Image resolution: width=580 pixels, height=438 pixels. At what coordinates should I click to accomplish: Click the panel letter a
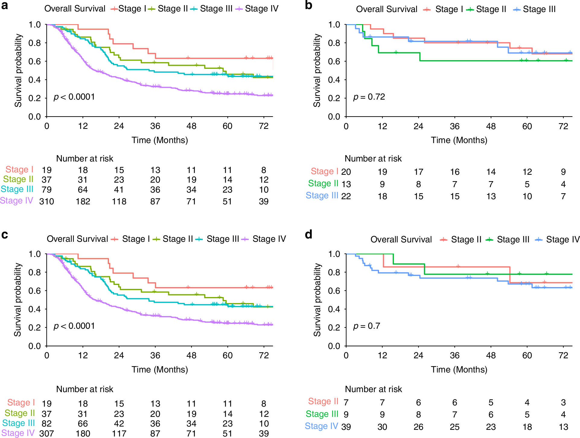5,5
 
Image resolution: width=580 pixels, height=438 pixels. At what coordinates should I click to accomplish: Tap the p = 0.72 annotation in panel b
369,97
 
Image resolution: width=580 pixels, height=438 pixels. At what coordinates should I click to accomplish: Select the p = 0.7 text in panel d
366,326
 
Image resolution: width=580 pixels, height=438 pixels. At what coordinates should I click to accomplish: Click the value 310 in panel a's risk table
46,201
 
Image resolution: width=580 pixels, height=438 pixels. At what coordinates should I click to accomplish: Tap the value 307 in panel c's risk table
46,433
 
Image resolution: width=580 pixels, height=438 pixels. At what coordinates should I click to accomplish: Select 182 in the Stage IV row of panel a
83,201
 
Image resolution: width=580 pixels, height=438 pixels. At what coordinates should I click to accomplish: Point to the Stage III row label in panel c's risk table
18,423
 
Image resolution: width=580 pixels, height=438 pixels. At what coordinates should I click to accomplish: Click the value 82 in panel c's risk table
46,424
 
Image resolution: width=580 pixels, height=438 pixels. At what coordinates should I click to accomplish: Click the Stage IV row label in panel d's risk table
321,426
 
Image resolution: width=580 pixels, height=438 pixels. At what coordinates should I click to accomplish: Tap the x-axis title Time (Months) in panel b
459,140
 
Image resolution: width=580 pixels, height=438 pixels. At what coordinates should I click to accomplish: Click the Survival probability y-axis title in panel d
317,299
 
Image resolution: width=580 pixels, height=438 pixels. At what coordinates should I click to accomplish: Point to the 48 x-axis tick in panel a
191,126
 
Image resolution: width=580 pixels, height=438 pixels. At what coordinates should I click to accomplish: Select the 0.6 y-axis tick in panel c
34,291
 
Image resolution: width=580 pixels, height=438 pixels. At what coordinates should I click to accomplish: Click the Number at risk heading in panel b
373,158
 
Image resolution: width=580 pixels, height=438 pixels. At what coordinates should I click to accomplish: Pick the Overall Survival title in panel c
77,239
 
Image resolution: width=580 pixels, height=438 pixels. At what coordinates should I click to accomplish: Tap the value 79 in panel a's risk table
46,190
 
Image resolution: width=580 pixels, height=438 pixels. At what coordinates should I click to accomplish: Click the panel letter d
308,235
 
